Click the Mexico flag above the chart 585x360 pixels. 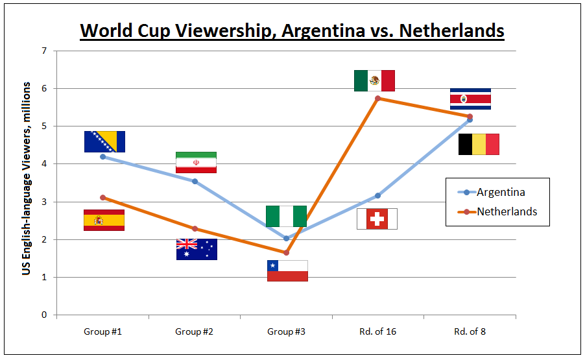374,80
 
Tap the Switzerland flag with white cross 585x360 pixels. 377,219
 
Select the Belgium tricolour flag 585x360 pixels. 479,144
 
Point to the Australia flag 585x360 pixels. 197,249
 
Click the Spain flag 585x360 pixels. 104,220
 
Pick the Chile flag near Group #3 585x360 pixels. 287,270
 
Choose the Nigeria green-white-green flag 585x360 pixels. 286,216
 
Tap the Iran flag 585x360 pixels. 196,162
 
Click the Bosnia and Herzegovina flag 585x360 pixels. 104,141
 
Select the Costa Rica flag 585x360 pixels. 470,99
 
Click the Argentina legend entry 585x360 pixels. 500,192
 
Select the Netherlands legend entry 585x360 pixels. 507,211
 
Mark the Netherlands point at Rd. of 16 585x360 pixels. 377,98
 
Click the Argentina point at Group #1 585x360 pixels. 103,156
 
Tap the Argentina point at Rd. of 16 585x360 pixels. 377,195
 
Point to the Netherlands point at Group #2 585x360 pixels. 195,228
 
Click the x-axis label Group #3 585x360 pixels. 286,331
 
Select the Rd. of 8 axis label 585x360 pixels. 470,331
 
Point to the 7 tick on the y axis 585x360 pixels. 44,51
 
